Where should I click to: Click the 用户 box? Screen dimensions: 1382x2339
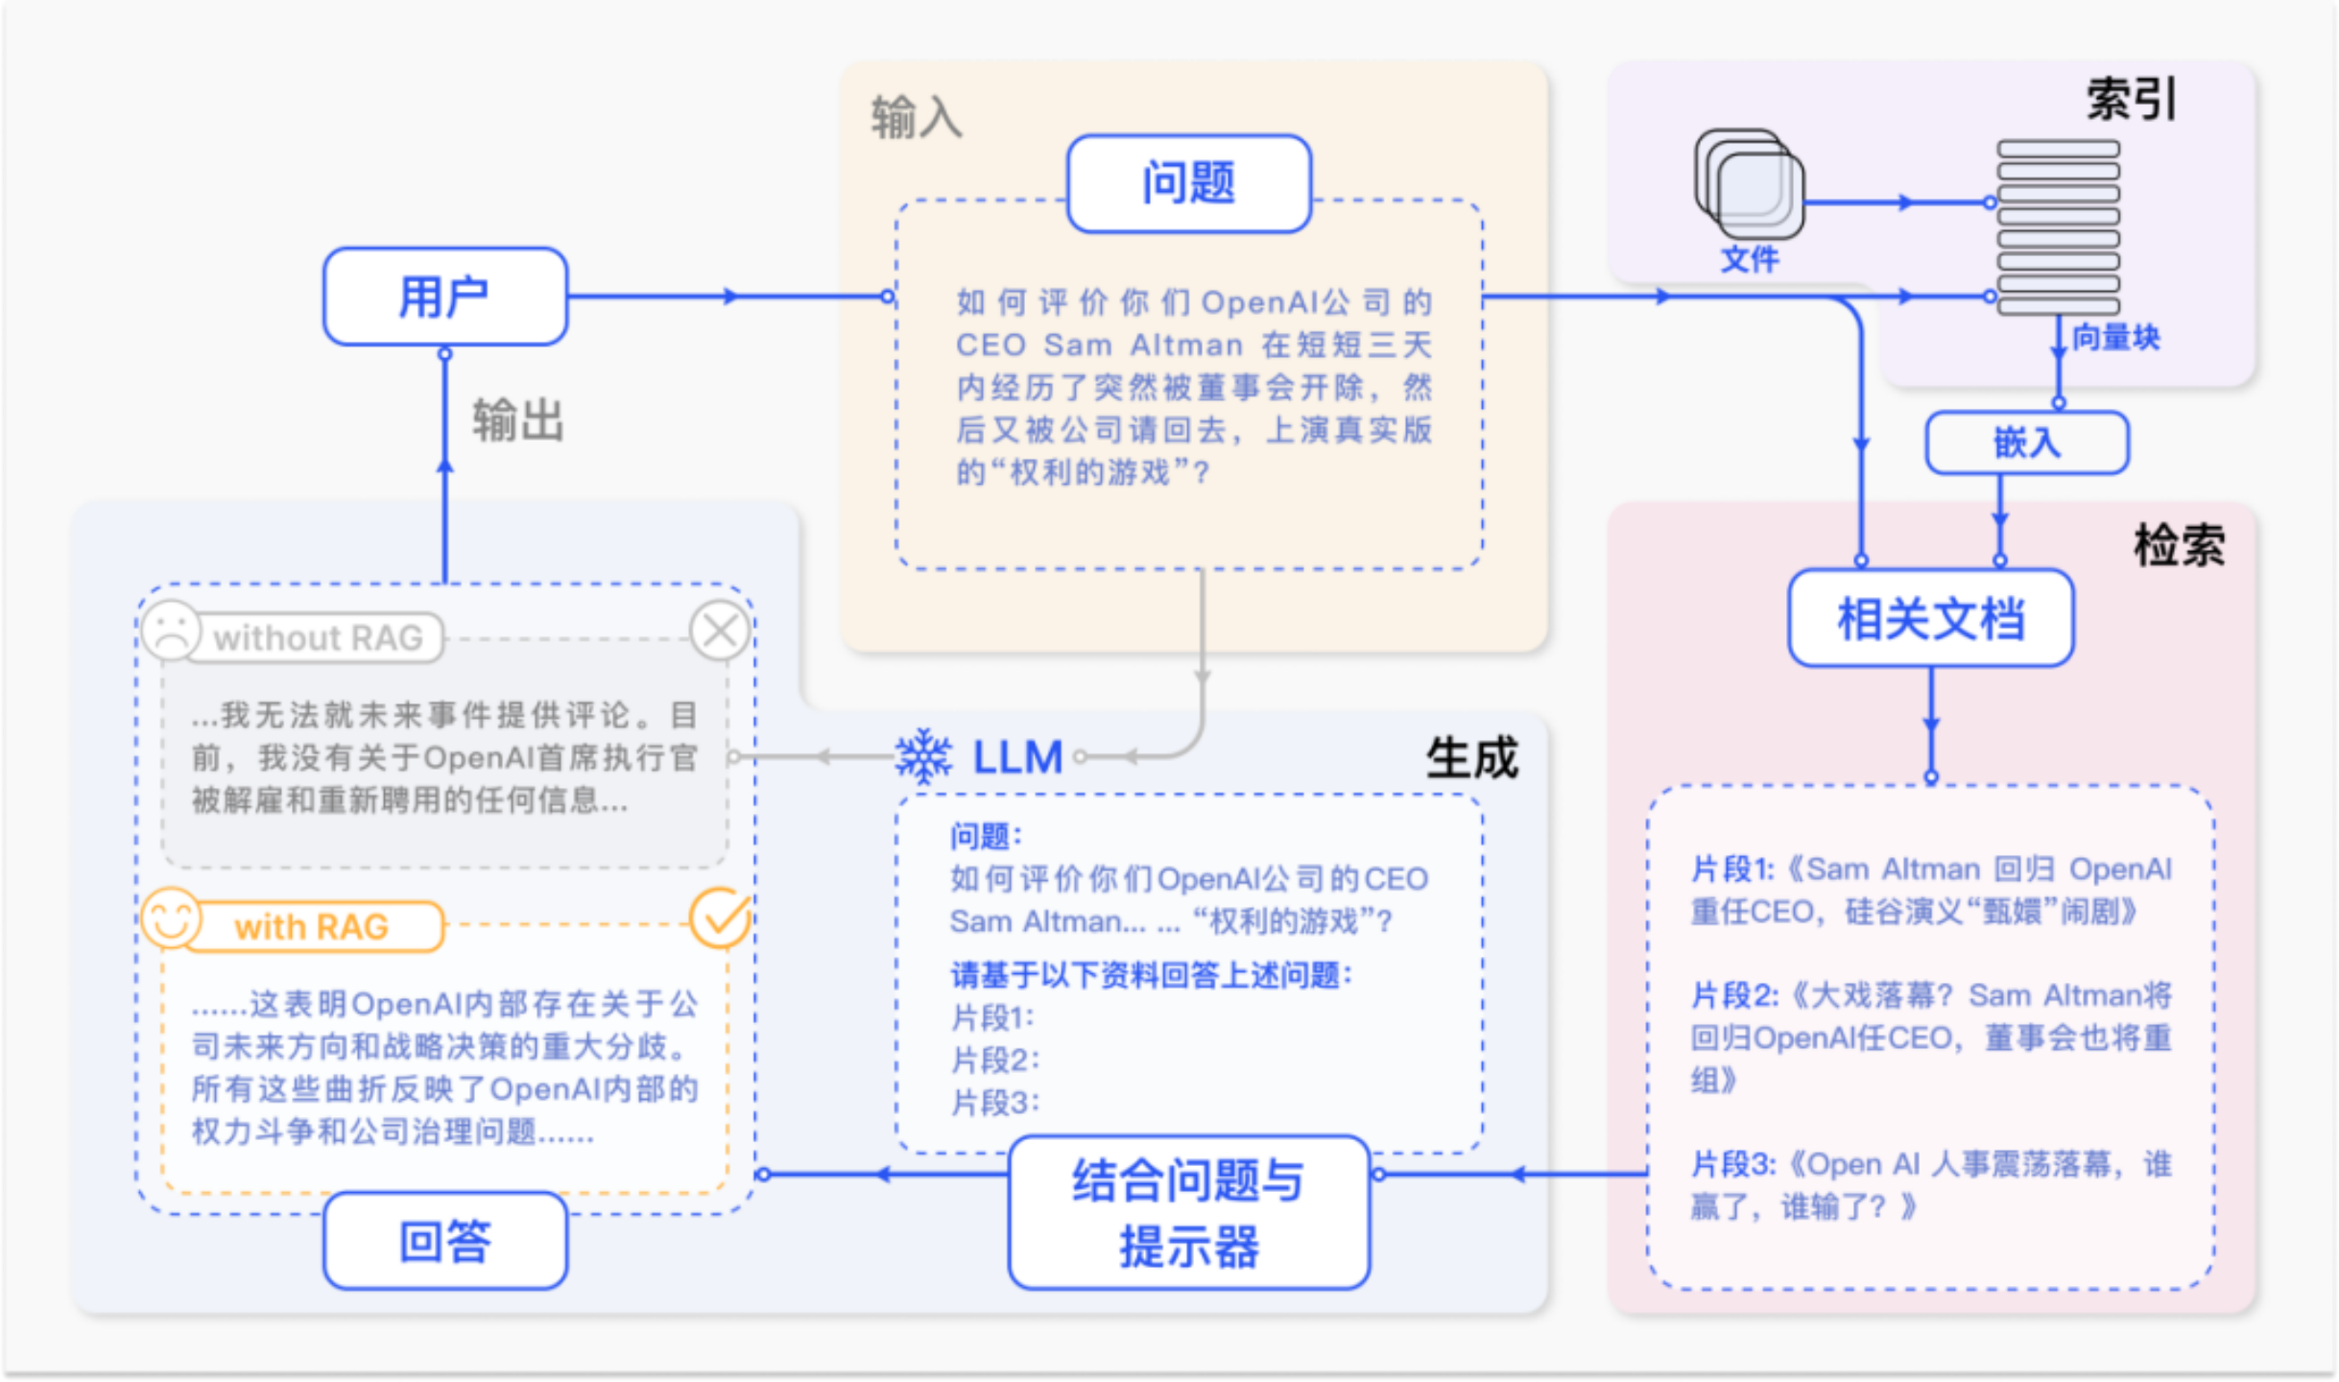pos(444,297)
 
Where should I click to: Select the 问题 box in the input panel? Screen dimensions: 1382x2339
pos(1188,183)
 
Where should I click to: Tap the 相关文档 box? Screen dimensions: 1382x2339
pos(1930,619)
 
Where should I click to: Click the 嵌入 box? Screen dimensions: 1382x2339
pos(2026,442)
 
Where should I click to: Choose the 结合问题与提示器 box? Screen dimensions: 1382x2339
pos(1188,1213)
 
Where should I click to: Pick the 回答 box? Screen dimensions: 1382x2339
pos(444,1241)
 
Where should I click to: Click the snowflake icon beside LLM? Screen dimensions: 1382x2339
pos(923,756)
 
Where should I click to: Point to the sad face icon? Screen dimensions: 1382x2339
pos(171,631)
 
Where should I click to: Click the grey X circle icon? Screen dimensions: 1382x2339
pos(720,631)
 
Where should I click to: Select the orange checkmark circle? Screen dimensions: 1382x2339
pos(720,918)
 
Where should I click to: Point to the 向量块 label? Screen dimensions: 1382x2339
pos(2115,338)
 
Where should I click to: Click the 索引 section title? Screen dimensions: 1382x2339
pos(2131,100)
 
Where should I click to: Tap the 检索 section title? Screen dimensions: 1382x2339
pos(2179,546)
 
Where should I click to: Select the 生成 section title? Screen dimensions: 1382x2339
pos(1471,758)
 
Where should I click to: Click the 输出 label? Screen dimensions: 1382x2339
pos(517,421)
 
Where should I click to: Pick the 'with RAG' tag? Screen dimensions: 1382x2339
pos(311,927)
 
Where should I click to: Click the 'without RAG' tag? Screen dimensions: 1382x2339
pos(318,638)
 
